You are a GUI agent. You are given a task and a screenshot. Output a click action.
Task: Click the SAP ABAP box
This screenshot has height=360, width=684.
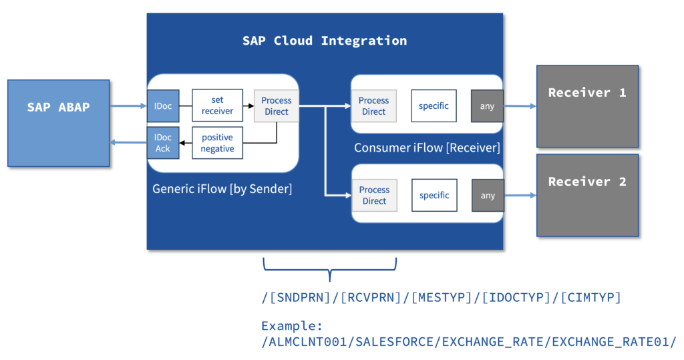59,123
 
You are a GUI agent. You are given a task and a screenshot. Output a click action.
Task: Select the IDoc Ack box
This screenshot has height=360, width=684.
163,143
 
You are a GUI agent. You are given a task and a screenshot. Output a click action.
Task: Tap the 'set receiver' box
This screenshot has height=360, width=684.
217,105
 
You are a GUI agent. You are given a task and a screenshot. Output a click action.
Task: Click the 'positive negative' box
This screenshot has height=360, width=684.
217,143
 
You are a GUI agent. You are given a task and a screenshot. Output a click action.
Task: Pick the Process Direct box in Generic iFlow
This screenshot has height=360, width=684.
277,106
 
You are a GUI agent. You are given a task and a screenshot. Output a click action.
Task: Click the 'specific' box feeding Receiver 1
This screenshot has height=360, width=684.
434,106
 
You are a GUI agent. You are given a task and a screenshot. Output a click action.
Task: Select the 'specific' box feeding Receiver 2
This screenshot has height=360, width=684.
434,195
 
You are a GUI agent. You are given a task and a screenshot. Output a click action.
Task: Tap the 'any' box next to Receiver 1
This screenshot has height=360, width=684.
487,106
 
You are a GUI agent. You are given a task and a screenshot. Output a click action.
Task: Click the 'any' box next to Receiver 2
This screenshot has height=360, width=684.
488,196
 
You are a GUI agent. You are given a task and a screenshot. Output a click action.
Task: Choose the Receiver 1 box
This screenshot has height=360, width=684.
588,106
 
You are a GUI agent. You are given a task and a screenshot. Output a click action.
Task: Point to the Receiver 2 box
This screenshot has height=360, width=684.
588,195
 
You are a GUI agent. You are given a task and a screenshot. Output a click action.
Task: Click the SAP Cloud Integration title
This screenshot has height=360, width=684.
325,41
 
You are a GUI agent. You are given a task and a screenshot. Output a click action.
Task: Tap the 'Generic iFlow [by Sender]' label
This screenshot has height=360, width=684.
222,188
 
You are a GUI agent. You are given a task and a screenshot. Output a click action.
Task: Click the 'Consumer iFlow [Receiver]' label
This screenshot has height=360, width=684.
427,148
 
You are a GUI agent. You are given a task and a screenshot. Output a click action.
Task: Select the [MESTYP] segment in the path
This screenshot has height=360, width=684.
442,297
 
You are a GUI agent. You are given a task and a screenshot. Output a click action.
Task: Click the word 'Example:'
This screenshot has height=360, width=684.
292,325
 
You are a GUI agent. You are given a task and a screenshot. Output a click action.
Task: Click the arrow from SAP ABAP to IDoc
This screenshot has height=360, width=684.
128,106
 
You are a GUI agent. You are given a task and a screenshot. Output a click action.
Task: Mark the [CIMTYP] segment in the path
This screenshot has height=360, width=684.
590,297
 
